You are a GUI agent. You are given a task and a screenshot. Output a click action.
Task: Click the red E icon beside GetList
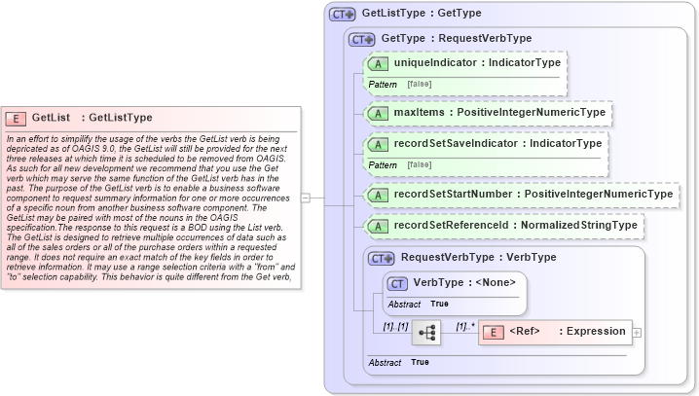16,118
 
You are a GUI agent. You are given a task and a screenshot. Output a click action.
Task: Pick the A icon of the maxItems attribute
377,114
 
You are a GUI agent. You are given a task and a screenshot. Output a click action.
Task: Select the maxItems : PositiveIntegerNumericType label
498,114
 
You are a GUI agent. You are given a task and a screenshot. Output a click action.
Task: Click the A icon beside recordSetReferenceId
377,226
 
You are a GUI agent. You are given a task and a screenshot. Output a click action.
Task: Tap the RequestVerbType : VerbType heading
478,258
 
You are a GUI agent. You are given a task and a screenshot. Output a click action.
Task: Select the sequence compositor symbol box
426,332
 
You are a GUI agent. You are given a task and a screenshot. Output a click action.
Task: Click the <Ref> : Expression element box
555,332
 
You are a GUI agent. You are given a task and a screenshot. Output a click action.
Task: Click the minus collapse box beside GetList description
306,198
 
